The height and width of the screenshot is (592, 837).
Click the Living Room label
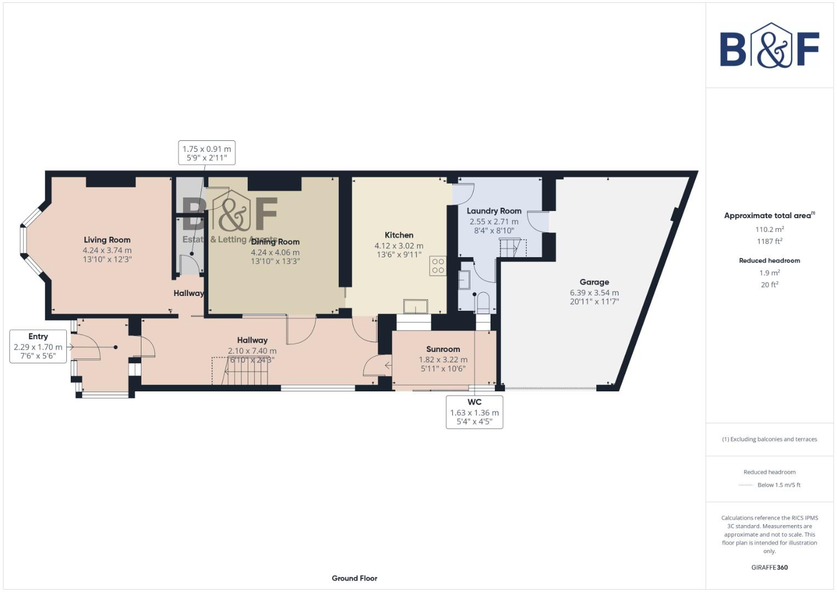[107, 240]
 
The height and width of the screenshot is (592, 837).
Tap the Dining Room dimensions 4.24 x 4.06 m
[275, 252]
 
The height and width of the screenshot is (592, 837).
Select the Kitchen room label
[398, 235]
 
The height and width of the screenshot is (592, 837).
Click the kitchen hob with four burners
[437, 266]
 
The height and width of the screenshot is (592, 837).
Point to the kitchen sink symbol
[415, 306]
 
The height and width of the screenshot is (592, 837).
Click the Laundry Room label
[494, 211]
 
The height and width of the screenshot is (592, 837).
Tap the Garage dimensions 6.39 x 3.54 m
[594, 293]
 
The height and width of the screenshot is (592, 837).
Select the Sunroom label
[443, 349]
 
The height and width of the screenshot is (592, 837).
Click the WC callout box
[474, 412]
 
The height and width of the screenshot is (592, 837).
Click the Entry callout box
[38, 346]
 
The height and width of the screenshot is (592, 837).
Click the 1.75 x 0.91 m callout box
[207, 153]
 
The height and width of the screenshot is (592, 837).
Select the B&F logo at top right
[769, 46]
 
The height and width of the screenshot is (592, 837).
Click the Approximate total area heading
[769, 215]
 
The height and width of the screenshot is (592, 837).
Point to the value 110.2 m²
[769, 229]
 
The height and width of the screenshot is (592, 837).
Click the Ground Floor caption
[354, 578]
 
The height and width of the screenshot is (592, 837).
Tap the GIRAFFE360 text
[769, 567]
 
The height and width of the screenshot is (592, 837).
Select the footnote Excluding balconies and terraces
[769, 439]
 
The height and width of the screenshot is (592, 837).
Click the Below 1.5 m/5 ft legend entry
[778, 485]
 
